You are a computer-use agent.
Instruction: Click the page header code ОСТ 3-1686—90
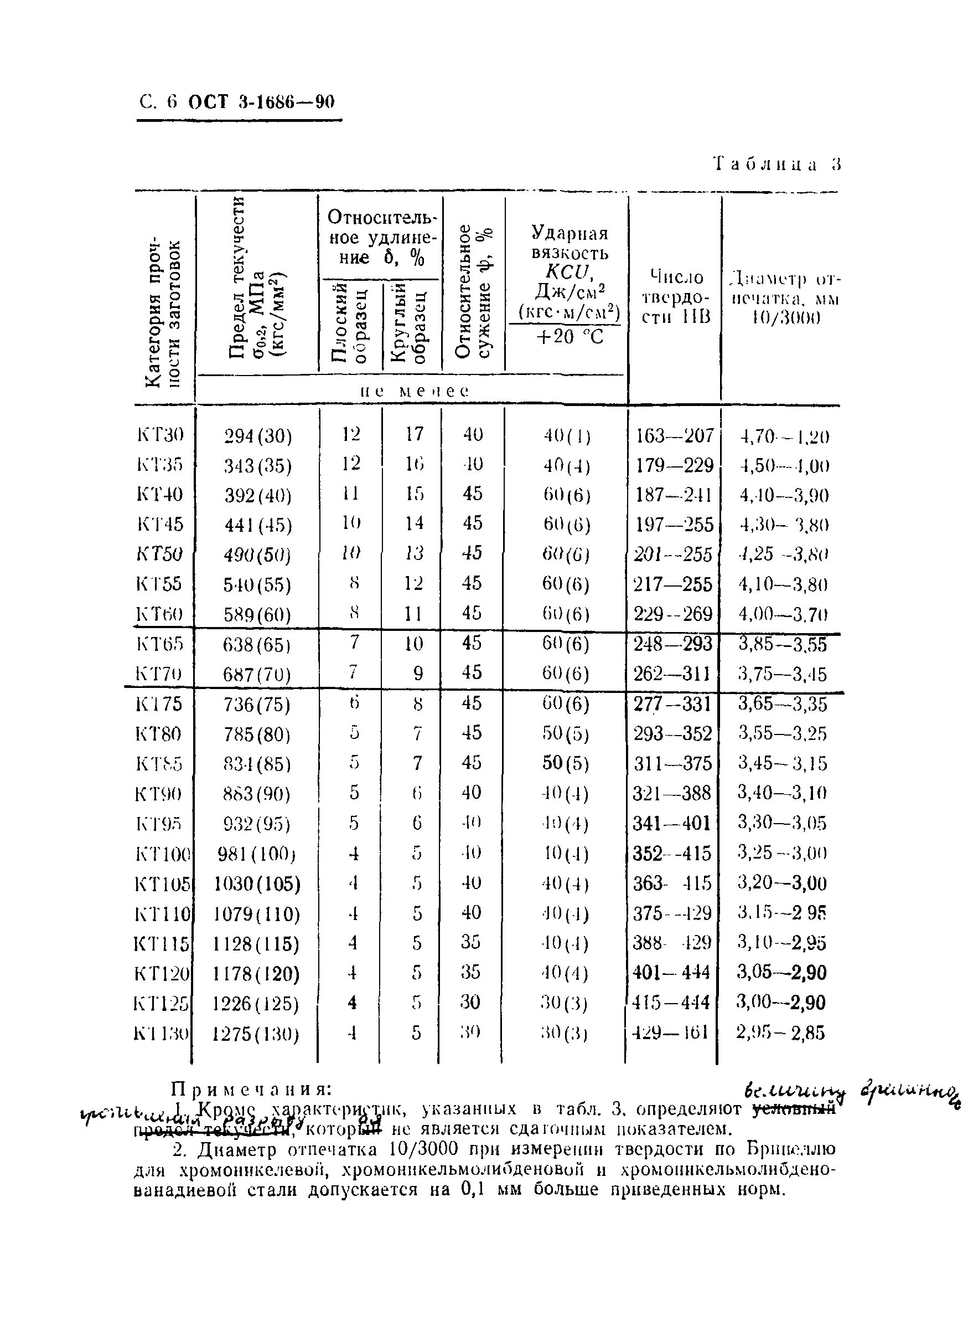coord(261,102)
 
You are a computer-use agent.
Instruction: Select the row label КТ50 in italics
coord(159,554)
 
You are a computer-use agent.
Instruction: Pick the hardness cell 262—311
coord(672,674)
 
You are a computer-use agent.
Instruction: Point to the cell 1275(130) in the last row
coord(256,1035)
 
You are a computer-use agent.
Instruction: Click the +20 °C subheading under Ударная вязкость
coord(568,337)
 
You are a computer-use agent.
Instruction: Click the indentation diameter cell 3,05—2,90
coord(781,973)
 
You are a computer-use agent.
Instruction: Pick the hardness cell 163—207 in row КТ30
coord(674,436)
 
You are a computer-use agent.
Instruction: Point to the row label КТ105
coord(162,885)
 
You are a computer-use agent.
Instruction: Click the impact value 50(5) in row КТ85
coord(566,763)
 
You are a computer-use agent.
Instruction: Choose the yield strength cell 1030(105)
coord(257,885)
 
